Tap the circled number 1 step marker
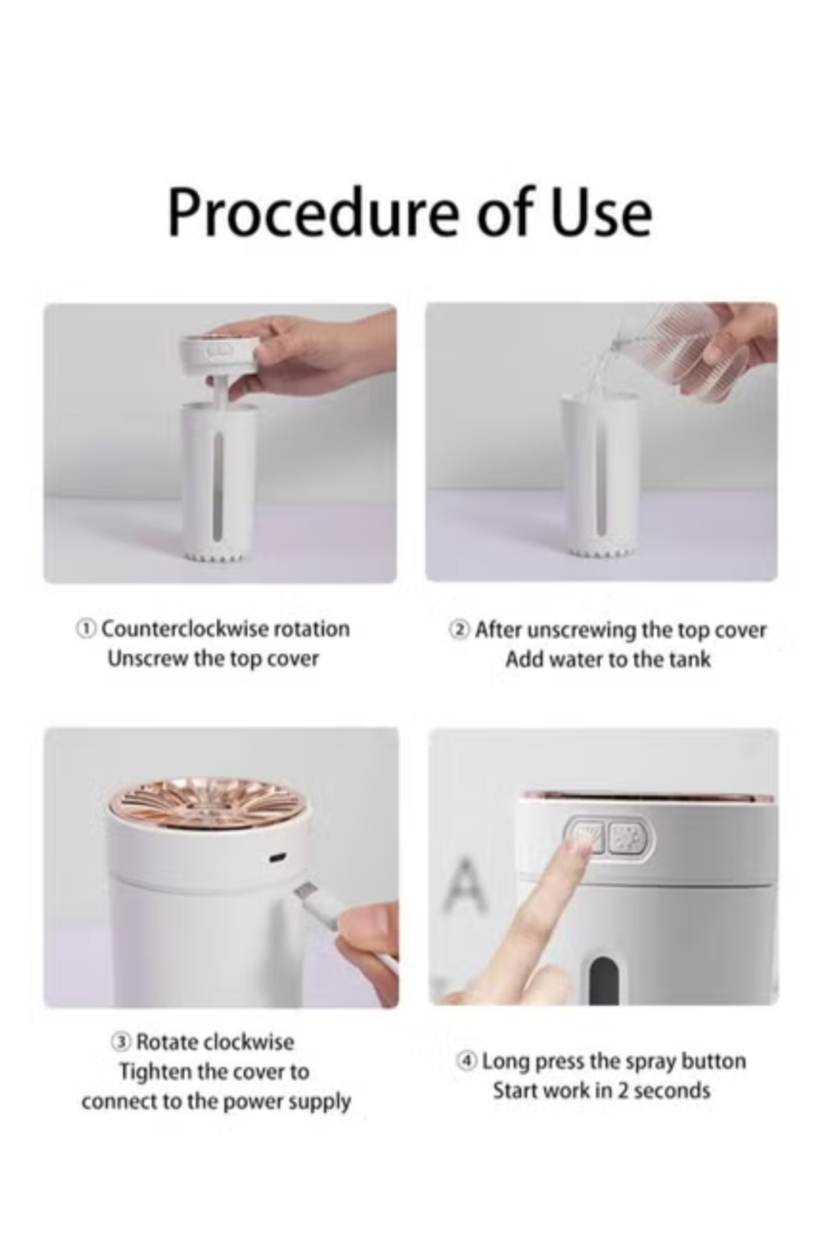point(85,628)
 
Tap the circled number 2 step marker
point(459,629)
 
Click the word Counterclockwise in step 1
point(185,628)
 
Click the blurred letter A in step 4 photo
point(466,883)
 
